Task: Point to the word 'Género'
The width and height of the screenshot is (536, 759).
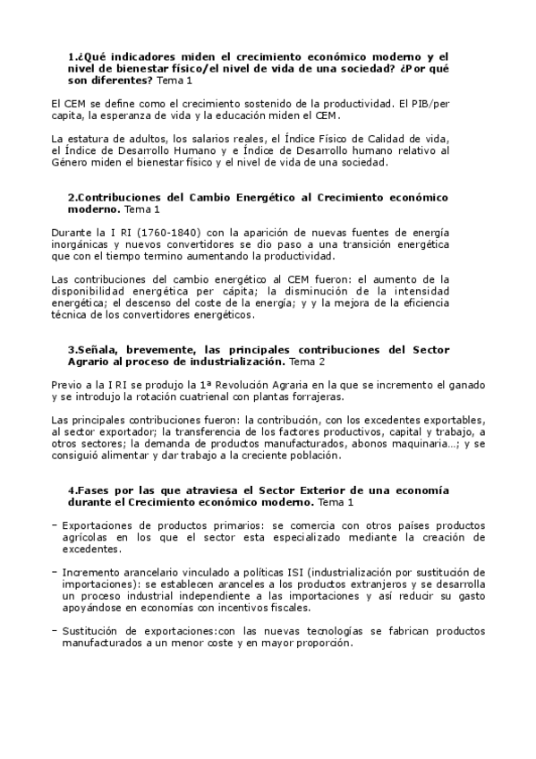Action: [x=73, y=164]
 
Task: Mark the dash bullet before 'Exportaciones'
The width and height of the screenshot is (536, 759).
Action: [x=55, y=525]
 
